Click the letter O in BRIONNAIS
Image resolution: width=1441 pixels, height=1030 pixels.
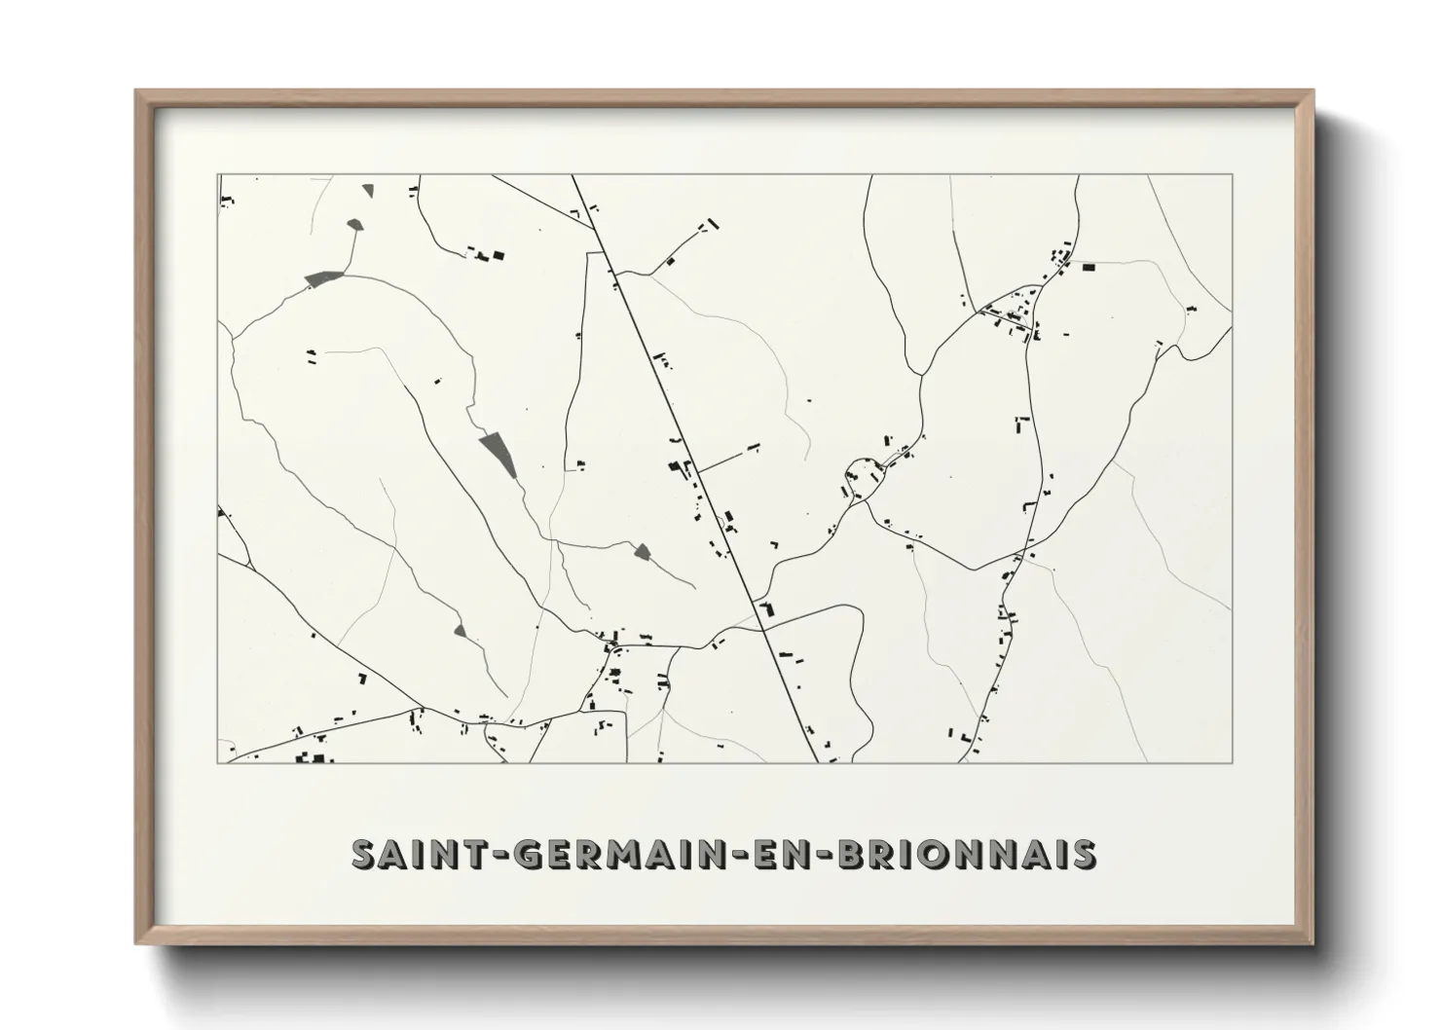click(926, 854)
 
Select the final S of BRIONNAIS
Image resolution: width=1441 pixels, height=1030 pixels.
click(1082, 854)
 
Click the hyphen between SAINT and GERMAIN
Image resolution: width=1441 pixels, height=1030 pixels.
click(493, 855)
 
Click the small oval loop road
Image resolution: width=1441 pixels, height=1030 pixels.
click(863, 477)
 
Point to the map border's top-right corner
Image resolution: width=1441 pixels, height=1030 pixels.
click(1232, 175)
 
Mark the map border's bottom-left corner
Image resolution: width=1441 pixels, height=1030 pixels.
click(218, 762)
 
